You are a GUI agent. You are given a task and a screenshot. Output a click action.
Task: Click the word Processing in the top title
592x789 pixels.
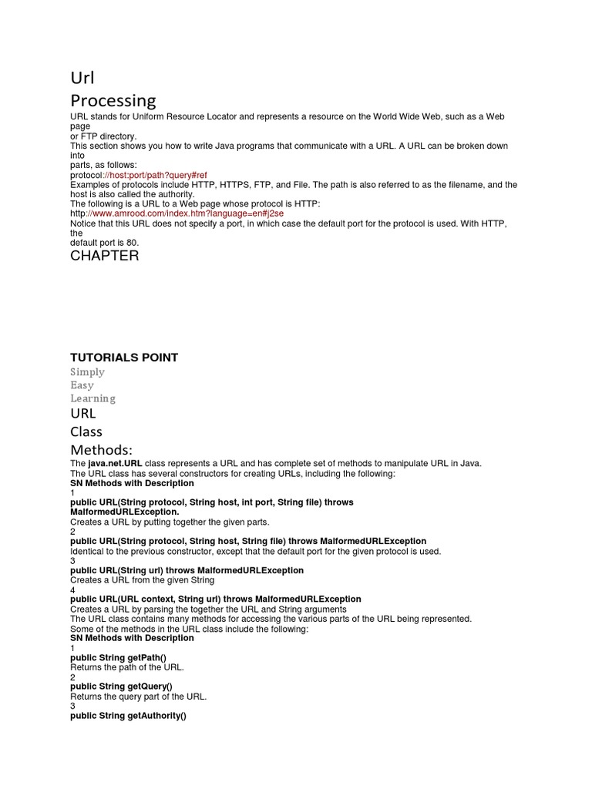[x=113, y=100]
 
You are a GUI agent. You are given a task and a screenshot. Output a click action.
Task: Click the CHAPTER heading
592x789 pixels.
[x=105, y=256]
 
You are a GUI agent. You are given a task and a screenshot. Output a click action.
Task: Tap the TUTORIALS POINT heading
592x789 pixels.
[x=124, y=358]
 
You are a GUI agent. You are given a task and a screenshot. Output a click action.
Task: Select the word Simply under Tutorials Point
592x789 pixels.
[x=87, y=371]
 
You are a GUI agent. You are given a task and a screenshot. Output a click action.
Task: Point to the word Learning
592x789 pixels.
[x=92, y=398]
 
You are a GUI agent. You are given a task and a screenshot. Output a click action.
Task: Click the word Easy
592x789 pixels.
[x=82, y=385]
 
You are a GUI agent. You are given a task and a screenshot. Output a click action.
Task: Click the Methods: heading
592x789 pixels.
[x=102, y=449]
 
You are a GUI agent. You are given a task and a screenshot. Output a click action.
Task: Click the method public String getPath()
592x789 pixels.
[x=118, y=657]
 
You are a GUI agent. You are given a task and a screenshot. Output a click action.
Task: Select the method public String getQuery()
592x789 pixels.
[x=121, y=687]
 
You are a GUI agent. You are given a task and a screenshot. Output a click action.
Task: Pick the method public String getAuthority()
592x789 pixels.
[x=128, y=716]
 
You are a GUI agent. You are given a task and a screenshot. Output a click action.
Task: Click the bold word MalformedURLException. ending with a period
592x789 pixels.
[x=124, y=512]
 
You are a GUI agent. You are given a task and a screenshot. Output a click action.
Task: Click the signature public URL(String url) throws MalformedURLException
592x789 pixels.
[x=187, y=570]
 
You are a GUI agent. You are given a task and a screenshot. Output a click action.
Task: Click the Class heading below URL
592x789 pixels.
[x=86, y=431]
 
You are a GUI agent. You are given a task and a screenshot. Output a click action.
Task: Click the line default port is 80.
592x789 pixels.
[x=105, y=243]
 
